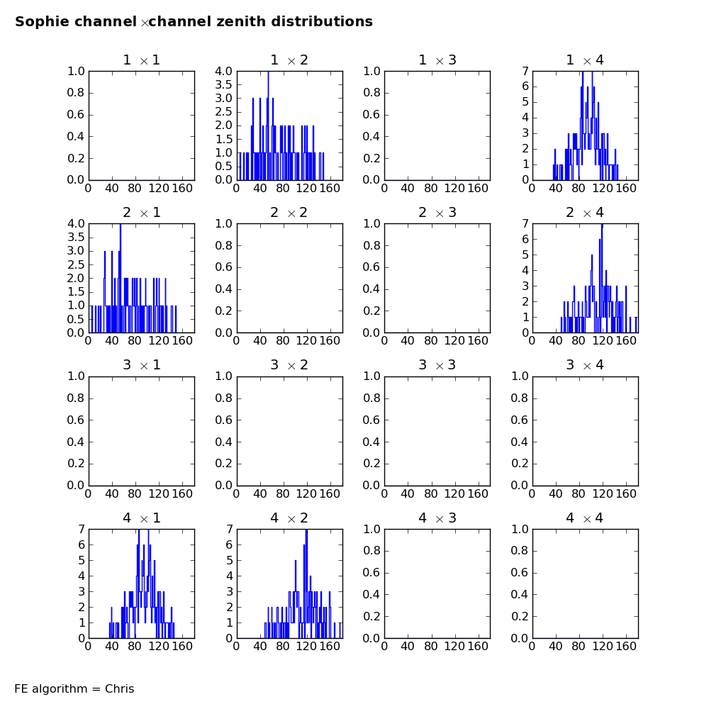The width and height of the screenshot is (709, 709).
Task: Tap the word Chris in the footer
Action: (x=119, y=688)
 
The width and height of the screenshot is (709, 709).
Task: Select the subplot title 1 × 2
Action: (x=289, y=60)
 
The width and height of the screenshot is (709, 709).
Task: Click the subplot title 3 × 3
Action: (x=437, y=364)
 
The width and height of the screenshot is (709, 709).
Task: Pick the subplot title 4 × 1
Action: (x=142, y=518)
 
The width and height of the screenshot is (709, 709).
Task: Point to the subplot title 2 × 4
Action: (x=585, y=212)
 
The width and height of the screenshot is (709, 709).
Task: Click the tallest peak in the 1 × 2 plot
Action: (x=268, y=72)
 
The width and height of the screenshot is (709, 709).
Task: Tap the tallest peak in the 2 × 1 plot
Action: (x=121, y=225)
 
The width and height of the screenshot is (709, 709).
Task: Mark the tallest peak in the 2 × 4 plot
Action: (x=602, y=225)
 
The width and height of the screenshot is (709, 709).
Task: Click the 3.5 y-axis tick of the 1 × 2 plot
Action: (x=223, y=84)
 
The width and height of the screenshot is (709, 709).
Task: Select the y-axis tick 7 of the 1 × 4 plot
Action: (x=525, y=71)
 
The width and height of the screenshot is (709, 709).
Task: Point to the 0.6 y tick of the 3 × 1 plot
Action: (x=76, y=420)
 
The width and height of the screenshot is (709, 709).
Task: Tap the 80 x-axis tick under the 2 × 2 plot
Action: (x=283, y=340)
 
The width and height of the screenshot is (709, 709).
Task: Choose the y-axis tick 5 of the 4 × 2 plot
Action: (x=229, y=560)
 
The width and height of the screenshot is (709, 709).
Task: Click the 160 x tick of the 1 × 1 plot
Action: (x=182, y=188)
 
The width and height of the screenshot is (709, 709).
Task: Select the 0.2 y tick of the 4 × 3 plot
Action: (x=372, y=616)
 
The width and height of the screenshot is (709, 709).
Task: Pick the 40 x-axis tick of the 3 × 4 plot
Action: (x=556, y=493)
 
